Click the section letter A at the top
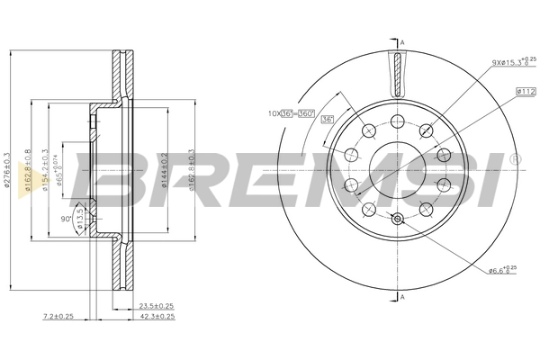tap(402, 43)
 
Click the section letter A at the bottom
tap(402, 297)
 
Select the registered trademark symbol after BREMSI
tap(514, 159)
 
